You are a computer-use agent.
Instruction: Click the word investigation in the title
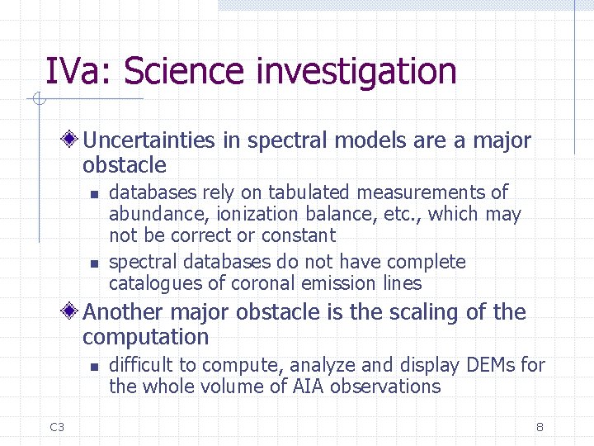(356, 71)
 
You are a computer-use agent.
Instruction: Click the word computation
(145, 337)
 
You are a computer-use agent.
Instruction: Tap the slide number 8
(540, 427)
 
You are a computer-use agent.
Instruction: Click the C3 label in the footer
(57, 427)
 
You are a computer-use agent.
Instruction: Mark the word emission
(334, 284)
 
